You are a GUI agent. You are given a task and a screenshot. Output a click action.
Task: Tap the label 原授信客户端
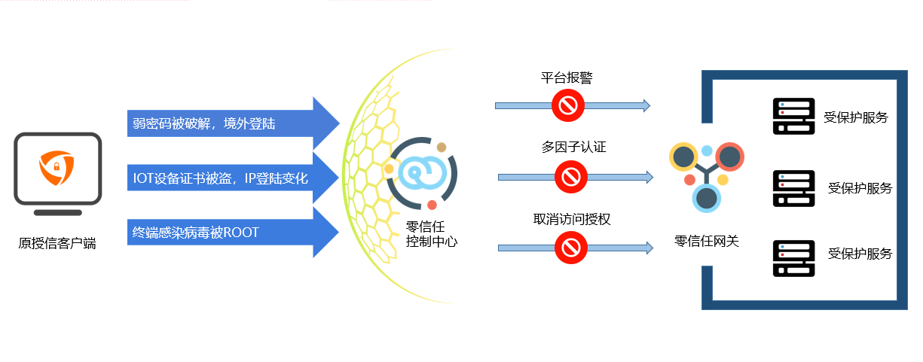click(57, 243)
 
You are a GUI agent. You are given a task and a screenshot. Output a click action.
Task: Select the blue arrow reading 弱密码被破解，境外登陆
click(226, 123)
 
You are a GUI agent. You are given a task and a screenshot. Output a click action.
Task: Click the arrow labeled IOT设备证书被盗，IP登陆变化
click(226, 178)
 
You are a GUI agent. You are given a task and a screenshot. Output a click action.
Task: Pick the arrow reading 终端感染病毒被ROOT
click(226, 233)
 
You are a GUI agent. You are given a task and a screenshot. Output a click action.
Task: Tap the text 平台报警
click(567, 78)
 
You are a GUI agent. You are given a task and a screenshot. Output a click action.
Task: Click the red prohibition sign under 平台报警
click(567, 105)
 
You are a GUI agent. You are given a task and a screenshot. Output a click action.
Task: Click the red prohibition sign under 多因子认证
click(571, 178)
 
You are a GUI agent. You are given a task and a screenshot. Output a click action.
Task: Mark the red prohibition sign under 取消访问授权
click(571, 247)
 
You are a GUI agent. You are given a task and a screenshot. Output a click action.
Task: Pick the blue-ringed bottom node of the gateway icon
click(707, 197)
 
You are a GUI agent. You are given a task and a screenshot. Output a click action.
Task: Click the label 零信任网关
click(707, 242)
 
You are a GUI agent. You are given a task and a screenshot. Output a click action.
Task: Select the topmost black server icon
click(794, 117)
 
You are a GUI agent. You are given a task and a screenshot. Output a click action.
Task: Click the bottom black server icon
click(794, 258)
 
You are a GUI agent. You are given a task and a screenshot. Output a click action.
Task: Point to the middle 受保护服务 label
click(860, 188)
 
